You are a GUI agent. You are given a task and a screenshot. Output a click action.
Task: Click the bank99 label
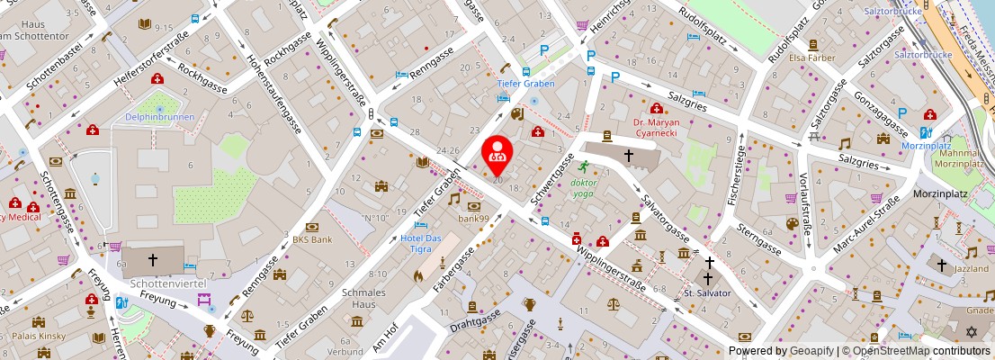pyautogui.click(x=473, y=218)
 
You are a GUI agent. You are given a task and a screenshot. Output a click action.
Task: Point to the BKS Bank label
pyautogui.click(x=312, y=239)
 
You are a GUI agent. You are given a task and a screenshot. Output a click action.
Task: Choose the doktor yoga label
pyautogui.click(x=585, y=187)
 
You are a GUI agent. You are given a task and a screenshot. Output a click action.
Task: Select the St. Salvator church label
pyautogui.click(x=708, y=292)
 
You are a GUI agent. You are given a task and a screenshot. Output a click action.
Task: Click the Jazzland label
pyautogui.click(x=972, y=268)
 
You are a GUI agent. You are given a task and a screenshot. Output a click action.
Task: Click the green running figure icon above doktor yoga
pyautogui.click(x=583, y=166)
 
